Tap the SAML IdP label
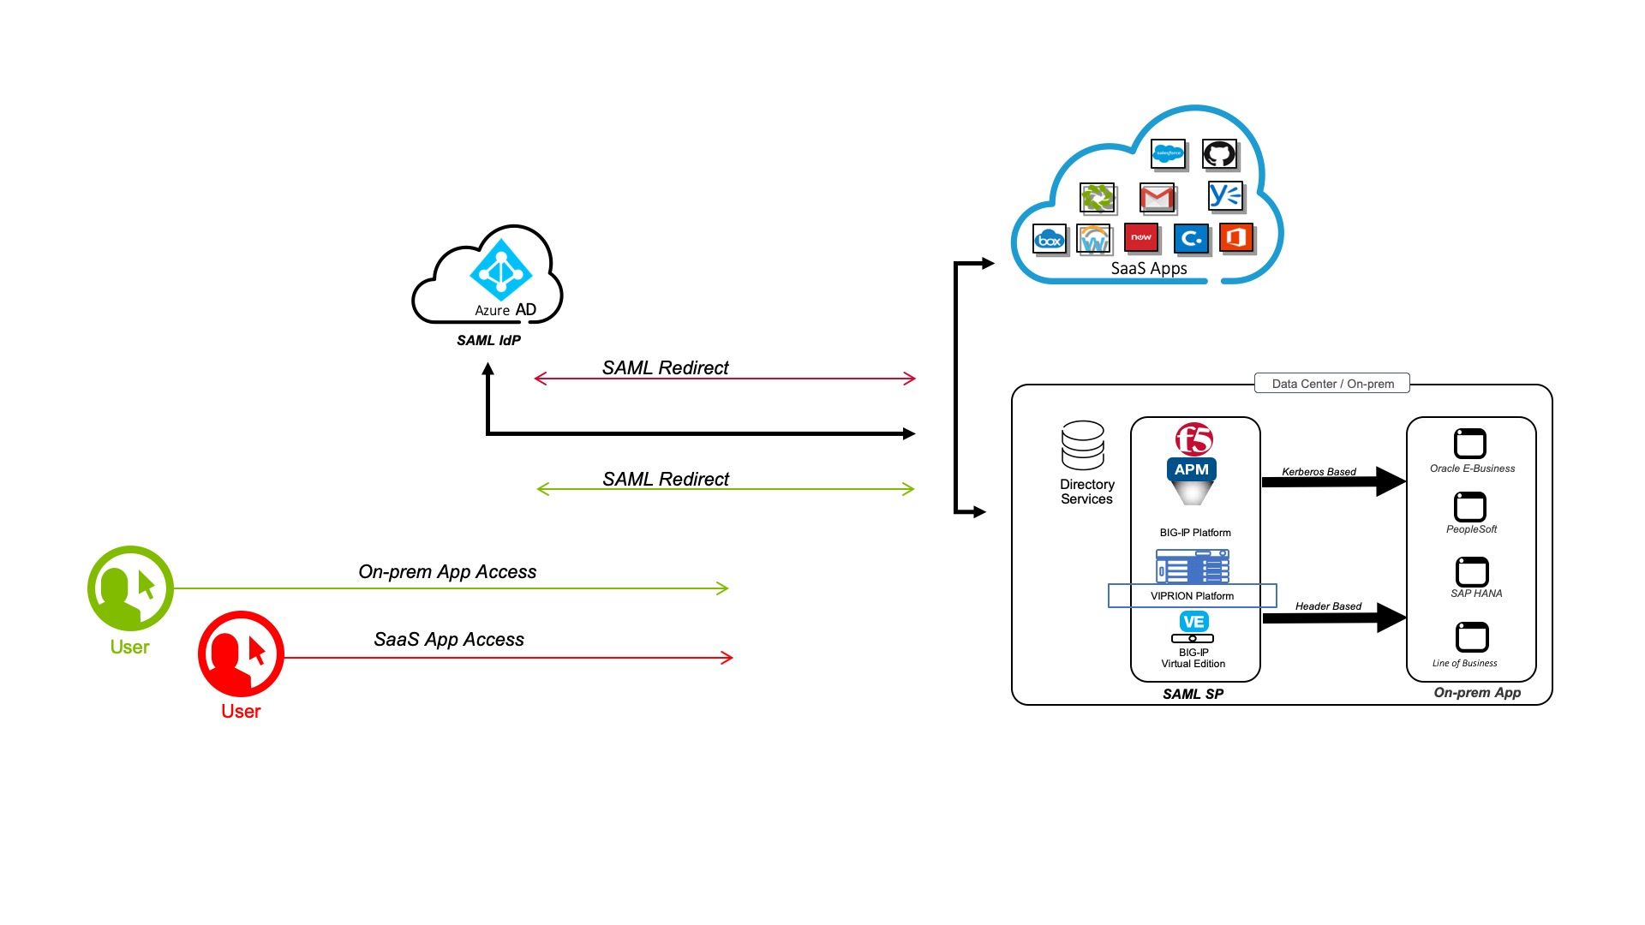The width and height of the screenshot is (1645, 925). pos(488,340)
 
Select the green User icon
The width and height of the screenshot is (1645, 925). pos(130,588)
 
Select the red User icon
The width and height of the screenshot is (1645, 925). pos(241,653)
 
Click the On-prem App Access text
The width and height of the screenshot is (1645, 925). pos(447,572)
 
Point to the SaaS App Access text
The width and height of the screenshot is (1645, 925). pos(449,640)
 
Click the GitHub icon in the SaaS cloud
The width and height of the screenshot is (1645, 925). pos(1219,154)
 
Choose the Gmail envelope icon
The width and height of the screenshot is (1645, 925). pos(1157,198)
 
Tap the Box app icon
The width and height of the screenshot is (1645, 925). pos(1050,240)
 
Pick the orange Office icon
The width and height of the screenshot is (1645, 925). pos(1235,237)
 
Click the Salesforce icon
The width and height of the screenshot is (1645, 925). pos(1168,154)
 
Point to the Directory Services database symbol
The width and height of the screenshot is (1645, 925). pos(1082,445)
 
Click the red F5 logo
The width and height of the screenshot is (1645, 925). pos(1193,439)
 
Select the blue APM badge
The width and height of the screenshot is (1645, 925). pos(1192,469)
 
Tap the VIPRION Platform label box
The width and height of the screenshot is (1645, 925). pos(1193,596)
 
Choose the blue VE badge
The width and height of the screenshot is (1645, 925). pos(1193,622)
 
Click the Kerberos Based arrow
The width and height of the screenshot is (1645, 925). pos(1332,481)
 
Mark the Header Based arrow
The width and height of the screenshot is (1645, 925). pos(1333,618)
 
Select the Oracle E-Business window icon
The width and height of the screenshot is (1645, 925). pos(1470,444)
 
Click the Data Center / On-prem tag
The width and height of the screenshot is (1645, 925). pos(1332,384)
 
